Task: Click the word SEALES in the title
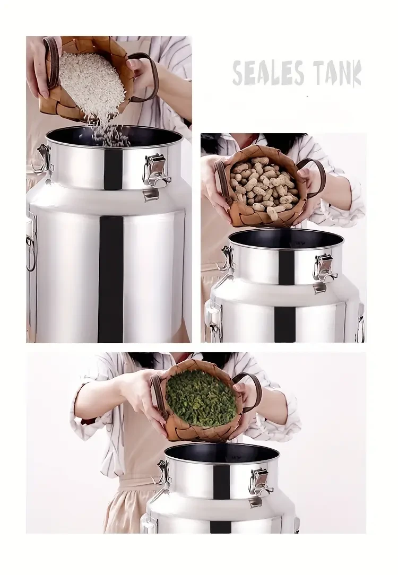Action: [x=267, y=74]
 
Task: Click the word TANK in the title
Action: [x=336, y=74]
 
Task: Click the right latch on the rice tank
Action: [x=157, y=170]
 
